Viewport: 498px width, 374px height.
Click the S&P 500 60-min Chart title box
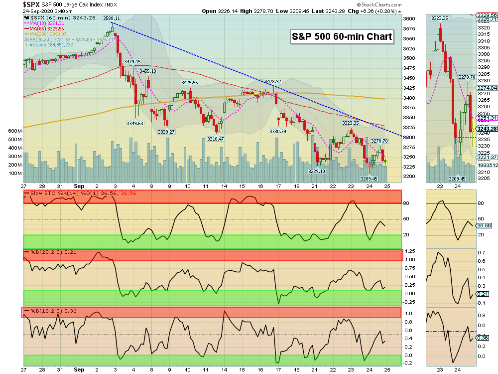342,36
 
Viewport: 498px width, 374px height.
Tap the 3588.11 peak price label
111,18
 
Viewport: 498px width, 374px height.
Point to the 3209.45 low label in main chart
369,179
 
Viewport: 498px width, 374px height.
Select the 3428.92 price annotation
273,81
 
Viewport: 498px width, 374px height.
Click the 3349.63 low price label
134,123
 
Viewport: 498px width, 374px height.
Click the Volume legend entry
48,45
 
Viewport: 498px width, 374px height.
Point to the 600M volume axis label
15,131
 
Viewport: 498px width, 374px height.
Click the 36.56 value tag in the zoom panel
484,225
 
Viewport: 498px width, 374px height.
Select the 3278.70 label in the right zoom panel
467,77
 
